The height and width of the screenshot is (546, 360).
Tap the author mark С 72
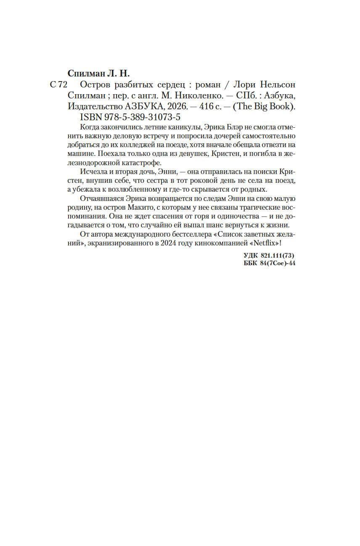pos(58,84)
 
